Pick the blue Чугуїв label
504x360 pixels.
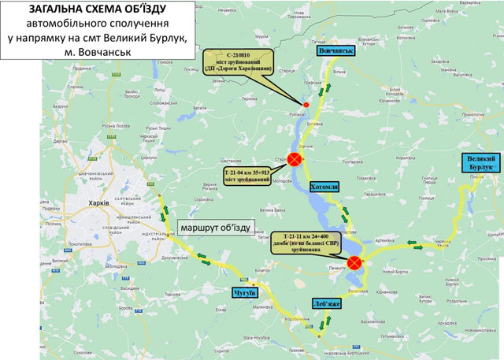pyautogui.click(x=246, y=293)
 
